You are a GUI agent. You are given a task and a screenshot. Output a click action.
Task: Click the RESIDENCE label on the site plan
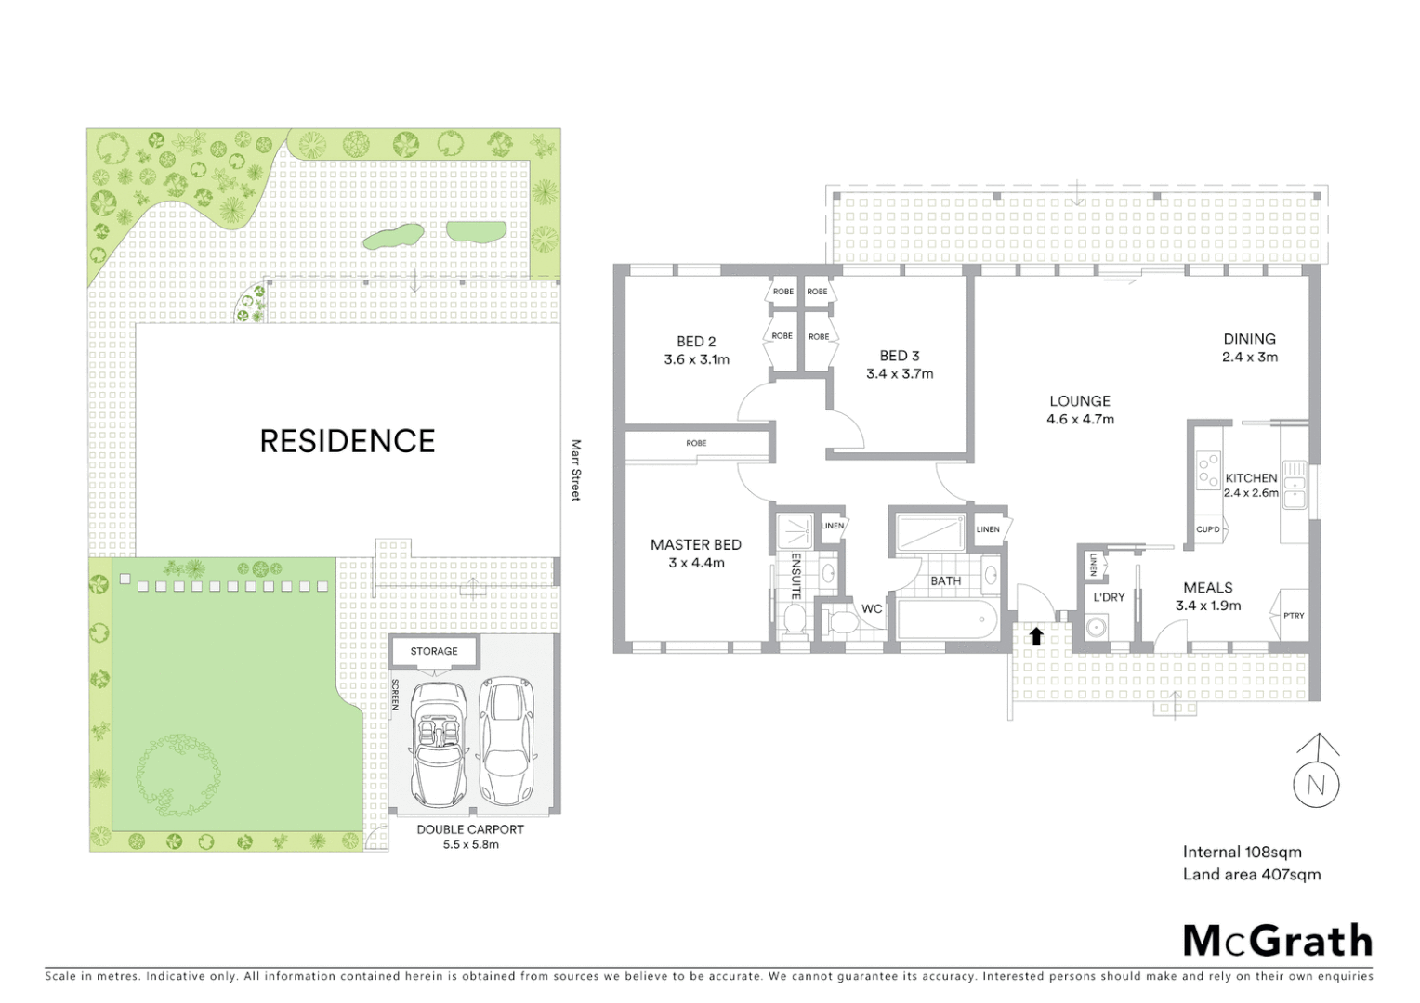[x=347, y=441]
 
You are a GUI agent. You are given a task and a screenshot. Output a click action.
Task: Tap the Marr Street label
[x=575, y=471]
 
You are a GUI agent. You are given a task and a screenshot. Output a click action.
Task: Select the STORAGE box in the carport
[x=434, y=651]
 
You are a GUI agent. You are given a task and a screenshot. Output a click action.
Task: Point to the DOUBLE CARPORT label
[x=470, y=829]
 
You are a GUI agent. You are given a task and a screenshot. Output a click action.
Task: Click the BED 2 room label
[x=696, y=342]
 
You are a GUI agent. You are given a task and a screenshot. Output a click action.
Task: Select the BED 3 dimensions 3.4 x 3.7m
[x=900, y=374]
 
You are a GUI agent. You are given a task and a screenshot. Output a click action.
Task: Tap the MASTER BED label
[x=696, y=545]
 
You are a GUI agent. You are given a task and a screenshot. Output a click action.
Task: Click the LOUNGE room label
[x=1080, y=401]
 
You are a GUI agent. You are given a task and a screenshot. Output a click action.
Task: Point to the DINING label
[x=1249, y=339]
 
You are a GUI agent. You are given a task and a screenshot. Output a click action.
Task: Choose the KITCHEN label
[x=1251, y=478]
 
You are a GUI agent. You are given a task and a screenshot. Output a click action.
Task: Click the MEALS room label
[x=1208, y=588]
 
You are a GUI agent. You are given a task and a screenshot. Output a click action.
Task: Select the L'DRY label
[x=1109, y=597]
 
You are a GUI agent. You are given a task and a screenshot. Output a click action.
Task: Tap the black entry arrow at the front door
[x=1036, y=636]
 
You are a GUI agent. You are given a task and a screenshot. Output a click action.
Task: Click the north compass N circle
[x=1316, y=786]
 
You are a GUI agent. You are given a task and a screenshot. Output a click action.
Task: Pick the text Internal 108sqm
[x=1242, y=852]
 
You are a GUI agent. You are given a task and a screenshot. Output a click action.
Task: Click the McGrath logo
[x=1277, y=941]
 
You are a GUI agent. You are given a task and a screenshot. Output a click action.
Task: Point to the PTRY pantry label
[x=1294, y=616]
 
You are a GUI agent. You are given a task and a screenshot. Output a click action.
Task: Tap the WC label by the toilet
[x=872, y=609]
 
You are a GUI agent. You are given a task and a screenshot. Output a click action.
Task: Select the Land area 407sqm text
[x=1251, y=874]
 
